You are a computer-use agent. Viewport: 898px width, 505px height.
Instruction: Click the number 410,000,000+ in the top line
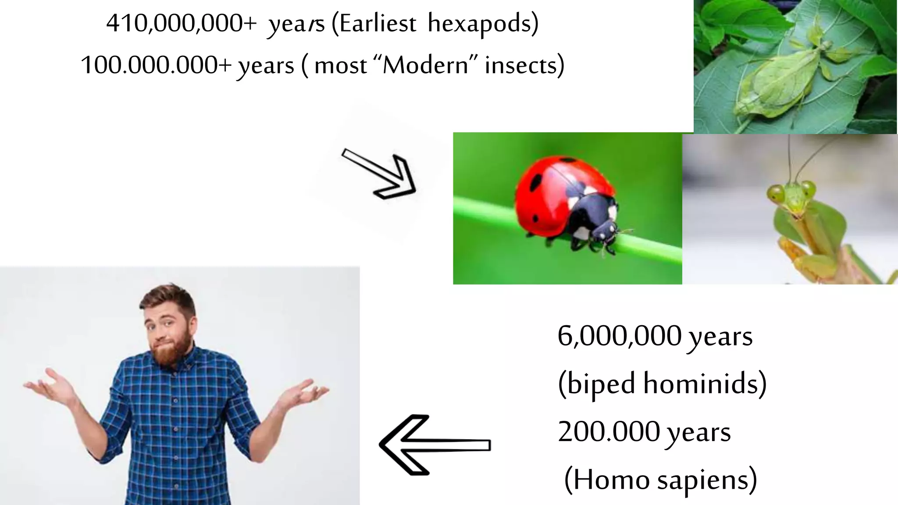pyautogui.click(x=181, y=23)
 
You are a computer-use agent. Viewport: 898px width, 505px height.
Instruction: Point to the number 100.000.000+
pyautogui.click(x=156, y=65)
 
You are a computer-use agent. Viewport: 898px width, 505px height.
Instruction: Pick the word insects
pyautogui.click(x=521, y=65)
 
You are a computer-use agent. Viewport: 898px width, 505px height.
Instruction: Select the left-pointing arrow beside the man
pyautogui.click(x=434, y=445)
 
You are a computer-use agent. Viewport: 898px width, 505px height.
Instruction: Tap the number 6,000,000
pyautogui.click(x=619, y=336)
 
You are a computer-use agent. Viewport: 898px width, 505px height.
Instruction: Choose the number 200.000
pyautogui.click(x=609, y=431)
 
